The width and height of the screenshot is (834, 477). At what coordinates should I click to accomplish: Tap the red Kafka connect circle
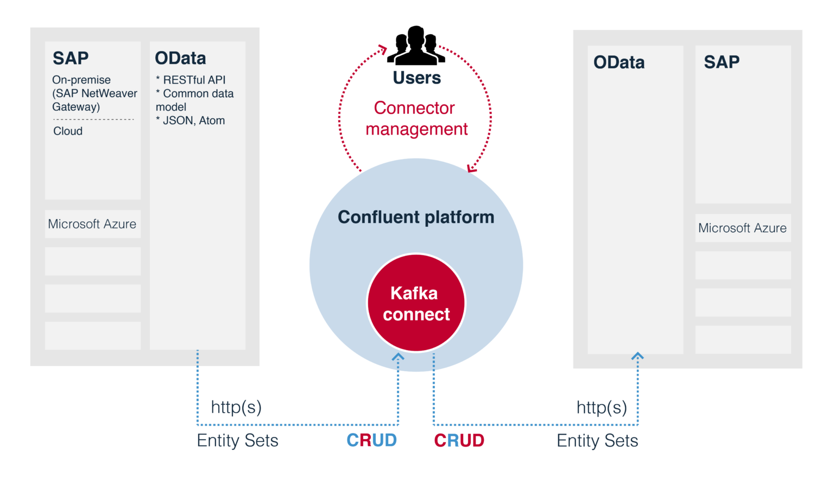point(416,303)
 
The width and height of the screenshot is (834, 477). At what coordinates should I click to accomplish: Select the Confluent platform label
point(416,217)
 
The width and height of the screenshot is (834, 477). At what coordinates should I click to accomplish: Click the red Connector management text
point(416,118)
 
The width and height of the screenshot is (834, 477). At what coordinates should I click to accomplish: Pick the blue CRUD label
point(371,440)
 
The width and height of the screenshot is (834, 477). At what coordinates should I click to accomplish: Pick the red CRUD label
point(459,440)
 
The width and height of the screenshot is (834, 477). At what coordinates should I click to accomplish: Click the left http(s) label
point(236,407)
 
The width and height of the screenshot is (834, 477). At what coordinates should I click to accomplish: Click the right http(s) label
point(602,407)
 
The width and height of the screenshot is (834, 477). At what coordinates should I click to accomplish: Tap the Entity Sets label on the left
point(237,440)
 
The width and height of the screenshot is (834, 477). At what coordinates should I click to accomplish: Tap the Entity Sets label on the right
point(597,440)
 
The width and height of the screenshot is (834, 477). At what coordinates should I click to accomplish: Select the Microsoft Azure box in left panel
point(92,224)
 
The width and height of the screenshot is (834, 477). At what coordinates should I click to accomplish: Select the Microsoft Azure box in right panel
point(742,228)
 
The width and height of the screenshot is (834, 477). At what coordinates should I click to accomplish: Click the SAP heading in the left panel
point(71,58)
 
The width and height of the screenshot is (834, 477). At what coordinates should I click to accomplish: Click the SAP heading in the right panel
point(722,62)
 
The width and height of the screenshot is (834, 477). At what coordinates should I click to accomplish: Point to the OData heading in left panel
point(180,58)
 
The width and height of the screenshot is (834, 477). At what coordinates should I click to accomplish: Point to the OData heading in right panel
point(619,62)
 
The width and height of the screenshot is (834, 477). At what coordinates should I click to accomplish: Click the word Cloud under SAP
point(68,131)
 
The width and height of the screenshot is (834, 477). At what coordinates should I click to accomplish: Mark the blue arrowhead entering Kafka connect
point(398,357)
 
